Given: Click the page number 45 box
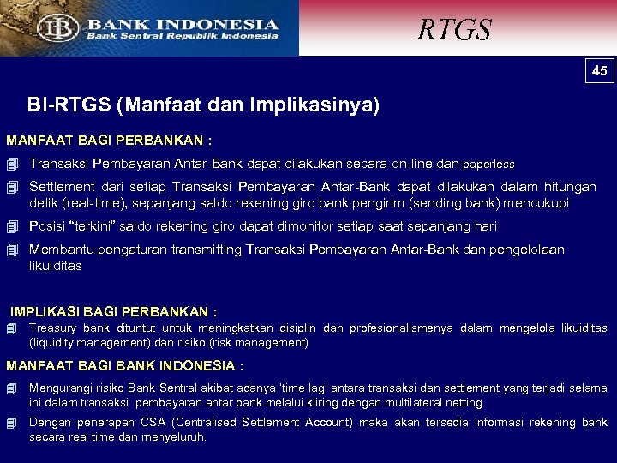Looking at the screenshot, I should [600, 70].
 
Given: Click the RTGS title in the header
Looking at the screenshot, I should [454, 29].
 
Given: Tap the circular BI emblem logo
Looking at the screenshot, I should [58, 27].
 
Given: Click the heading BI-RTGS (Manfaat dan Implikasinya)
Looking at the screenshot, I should [203, 105].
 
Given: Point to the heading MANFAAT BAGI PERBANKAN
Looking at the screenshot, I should [109, 140].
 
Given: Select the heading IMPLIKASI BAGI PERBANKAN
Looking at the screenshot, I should [113, 311].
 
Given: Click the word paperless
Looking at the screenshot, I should [488, 164].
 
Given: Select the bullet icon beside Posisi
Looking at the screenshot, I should [12, 227].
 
